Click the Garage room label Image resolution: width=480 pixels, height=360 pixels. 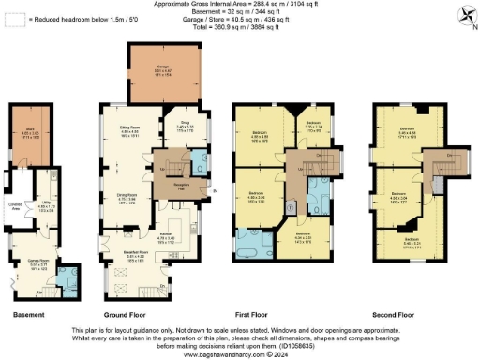[164, 66]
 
